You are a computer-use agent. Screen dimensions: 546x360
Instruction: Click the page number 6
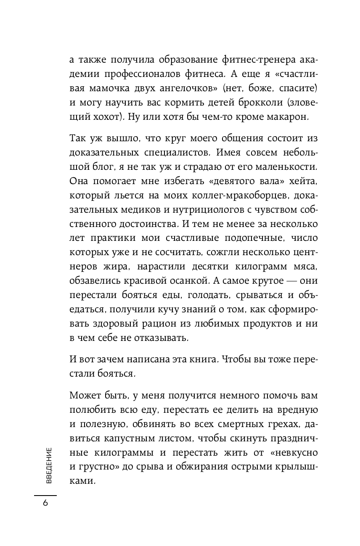(x=45, y=504)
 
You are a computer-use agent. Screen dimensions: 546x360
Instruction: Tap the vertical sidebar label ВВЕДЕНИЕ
(x=49, y=466)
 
